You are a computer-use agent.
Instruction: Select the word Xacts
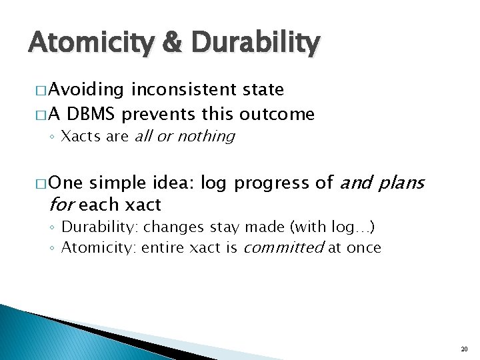coord(78,137)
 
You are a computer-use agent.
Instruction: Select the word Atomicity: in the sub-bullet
coord(93,248)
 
